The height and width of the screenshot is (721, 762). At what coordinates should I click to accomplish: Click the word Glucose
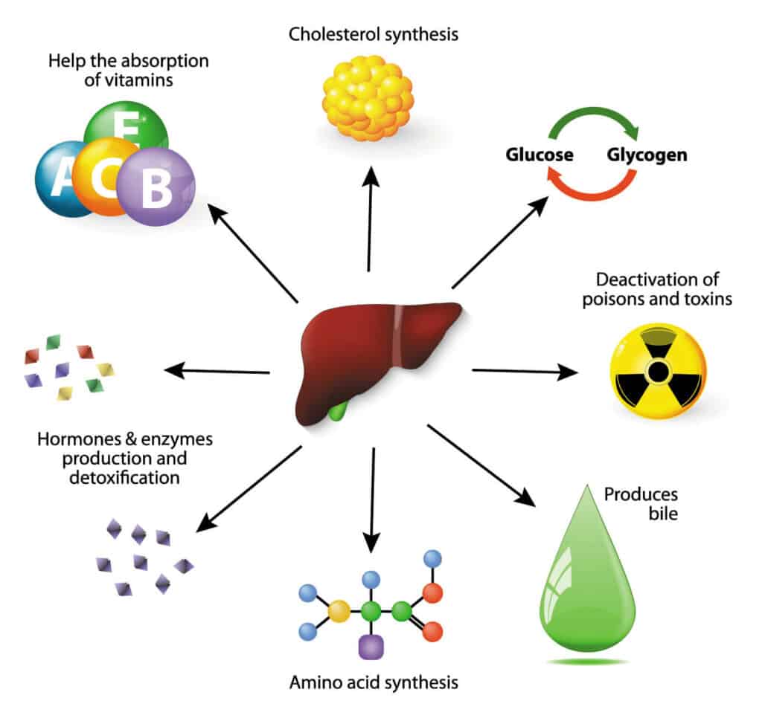click(x=540, y=155)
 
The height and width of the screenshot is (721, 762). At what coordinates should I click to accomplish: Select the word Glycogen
click(x=647, y=155)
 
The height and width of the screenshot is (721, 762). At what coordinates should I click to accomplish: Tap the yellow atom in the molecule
click(x=339, y=611)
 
